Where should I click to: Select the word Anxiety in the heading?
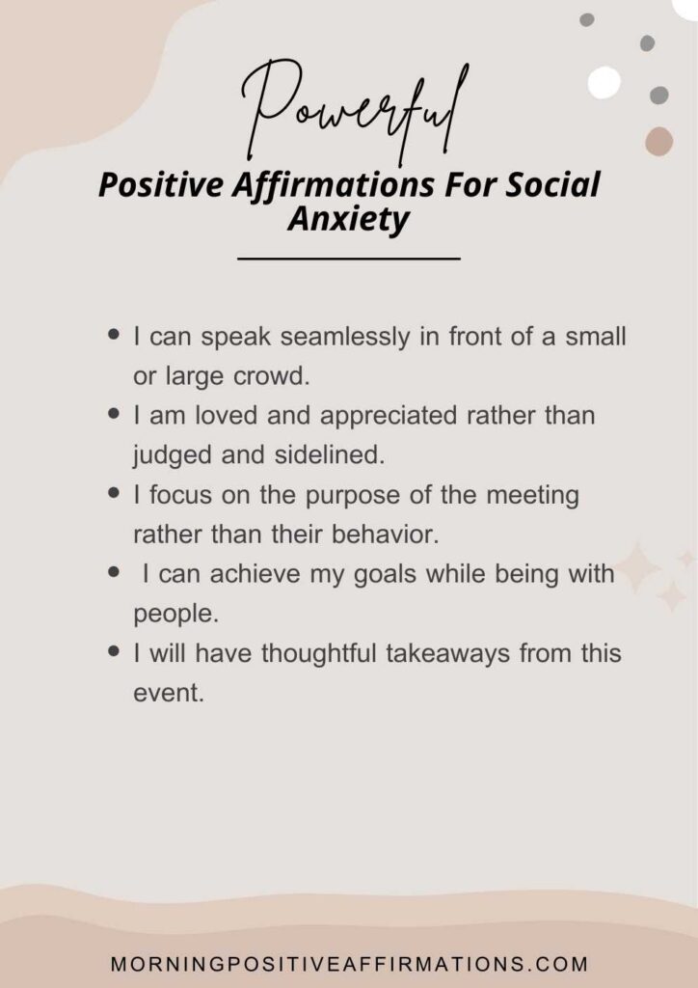[x=349, y=220]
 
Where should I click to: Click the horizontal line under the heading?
[x=349, y=258]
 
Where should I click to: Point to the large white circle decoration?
[x=604, y=82]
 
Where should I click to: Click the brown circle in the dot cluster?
[x=659, y=141]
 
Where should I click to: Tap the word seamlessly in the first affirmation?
[x=344, y=338]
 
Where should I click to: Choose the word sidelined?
[x=329, y=455]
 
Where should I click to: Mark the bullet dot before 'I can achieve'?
[x=114, y=572]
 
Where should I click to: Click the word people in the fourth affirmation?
[x=175, y=615]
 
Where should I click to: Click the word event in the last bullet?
[x=169, y=693]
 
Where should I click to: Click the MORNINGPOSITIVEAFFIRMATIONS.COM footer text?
[x=349, y=964]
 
